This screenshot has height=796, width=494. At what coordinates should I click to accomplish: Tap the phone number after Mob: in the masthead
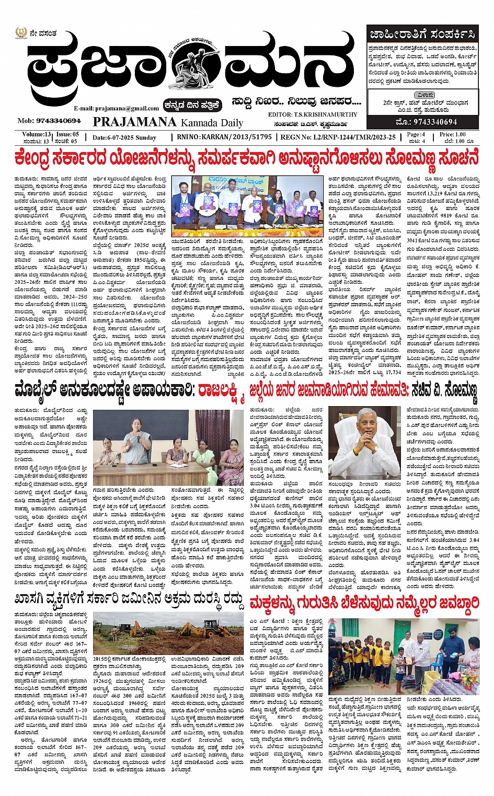coord(59,121)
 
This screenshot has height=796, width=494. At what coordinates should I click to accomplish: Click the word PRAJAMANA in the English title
coord(135,122)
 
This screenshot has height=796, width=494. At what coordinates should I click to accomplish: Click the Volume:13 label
coord(37,134)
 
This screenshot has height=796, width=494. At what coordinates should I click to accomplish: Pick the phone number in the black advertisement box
coord(427,122)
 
